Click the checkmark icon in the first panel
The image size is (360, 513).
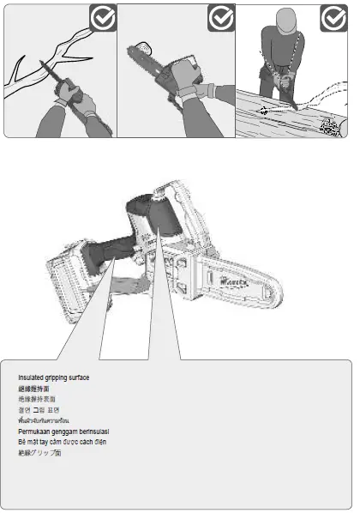click(x=102, y=18)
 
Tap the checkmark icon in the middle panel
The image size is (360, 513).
click(x=221, y=18)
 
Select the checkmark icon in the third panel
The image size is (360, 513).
click(x=333, y=18)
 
